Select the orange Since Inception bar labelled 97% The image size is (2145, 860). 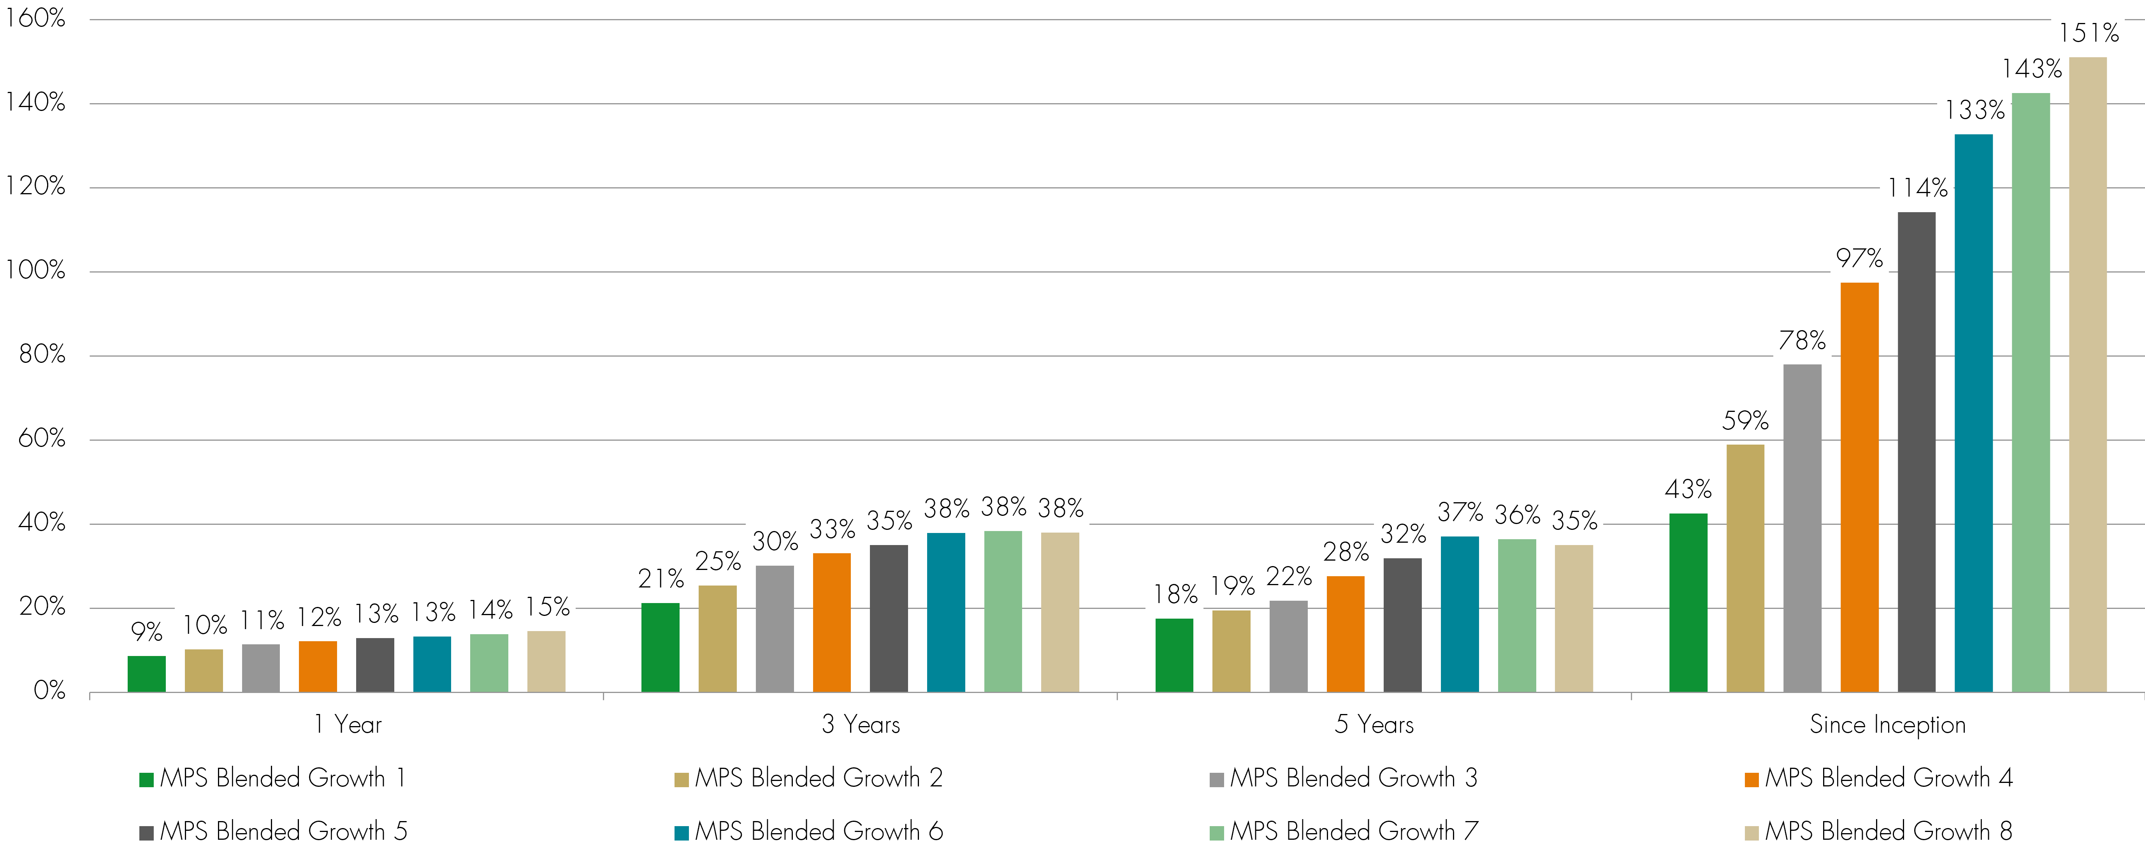[x=1859, y=487]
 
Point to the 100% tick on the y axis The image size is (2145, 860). [x=35, y=271]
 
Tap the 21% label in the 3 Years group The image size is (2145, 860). [x=661, y=579]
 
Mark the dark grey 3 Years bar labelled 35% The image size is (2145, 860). [x=889, y=619]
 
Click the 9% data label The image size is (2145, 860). [x=147, y=632]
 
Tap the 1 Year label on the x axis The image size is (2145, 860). [x=347, y=724]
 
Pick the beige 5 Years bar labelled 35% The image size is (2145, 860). [x=1574, y=619]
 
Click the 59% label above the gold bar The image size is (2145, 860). [x=1745, y=420]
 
